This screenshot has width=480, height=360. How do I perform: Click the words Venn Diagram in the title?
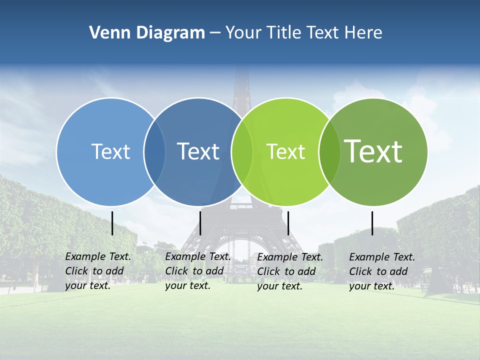click(x=147, y=33)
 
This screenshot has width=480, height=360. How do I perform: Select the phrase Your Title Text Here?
click(x=303, y=33)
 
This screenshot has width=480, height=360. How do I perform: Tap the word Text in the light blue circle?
click(x=110, y=151)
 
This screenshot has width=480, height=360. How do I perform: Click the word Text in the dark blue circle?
click(x=198, y=151)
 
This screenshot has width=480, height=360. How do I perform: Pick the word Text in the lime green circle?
click(x=285, y=151)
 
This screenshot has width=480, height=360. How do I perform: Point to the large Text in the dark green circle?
click(x=373, y=151)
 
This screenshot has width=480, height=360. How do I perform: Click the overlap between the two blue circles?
click(x=154, y=151)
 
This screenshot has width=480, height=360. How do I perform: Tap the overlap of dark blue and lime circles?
click(x=242, y=151)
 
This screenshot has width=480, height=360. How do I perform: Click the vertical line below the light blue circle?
click(x=112, y=223)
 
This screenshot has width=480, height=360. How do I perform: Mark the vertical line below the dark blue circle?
click(x=200, y=223)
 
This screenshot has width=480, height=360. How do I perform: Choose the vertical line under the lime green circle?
click(x=288, y=223)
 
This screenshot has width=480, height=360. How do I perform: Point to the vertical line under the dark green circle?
click(x=372, y=223)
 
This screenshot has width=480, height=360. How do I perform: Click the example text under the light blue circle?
click(x=97, y=271)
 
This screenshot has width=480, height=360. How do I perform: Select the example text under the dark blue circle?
click(x=197, y=271)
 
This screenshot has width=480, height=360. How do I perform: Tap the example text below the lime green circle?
click(x=289, y=271)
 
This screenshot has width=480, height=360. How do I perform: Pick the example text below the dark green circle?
click(x=381, y=271)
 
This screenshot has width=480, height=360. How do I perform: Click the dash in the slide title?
click(x=215, y=33)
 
